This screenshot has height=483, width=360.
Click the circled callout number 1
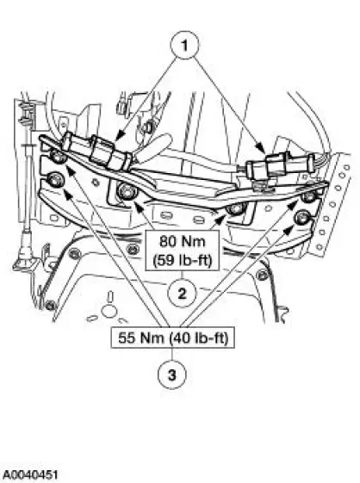click(184, 46)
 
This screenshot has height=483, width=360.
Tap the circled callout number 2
click(183, 294)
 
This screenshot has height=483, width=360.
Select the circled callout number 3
click(172, 375)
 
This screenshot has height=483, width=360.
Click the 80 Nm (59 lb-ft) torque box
click(183, 251)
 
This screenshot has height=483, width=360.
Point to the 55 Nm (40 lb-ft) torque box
click(173, 337)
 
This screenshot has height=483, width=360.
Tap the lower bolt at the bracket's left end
click(56, 180)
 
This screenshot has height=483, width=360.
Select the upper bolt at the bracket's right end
click(307, 196)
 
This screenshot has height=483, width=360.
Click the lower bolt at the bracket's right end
click(301, 218)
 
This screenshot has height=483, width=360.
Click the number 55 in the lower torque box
click(127, 337)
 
